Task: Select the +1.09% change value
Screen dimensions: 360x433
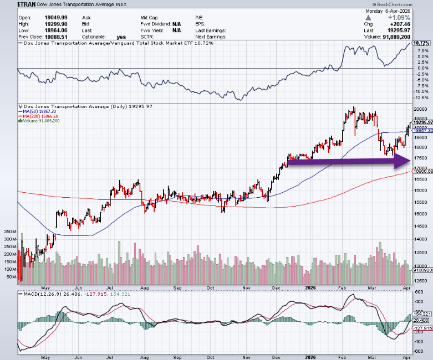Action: coord(419,18)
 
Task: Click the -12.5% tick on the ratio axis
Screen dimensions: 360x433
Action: coord(421,97)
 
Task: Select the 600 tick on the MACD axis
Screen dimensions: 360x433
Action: coord(419,293)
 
